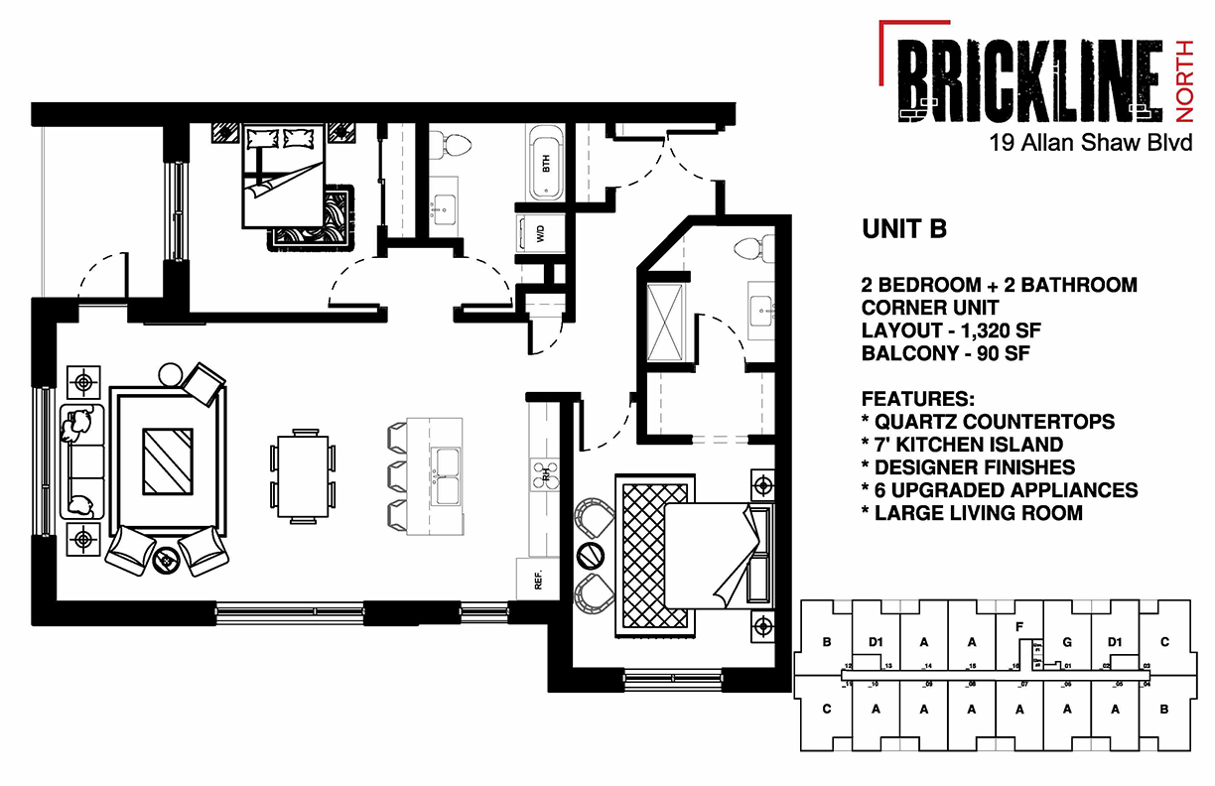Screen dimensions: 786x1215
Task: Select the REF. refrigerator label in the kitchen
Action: [537, 581]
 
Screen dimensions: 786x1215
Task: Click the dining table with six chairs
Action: [302, 474]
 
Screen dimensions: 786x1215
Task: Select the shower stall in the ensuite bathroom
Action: [664, 318]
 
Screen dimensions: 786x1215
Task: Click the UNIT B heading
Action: [903, 229]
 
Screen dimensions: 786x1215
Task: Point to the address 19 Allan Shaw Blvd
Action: [1090, 144]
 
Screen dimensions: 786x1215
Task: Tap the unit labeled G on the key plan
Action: [1066, 641]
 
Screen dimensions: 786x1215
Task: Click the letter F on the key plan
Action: [1019, 626]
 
